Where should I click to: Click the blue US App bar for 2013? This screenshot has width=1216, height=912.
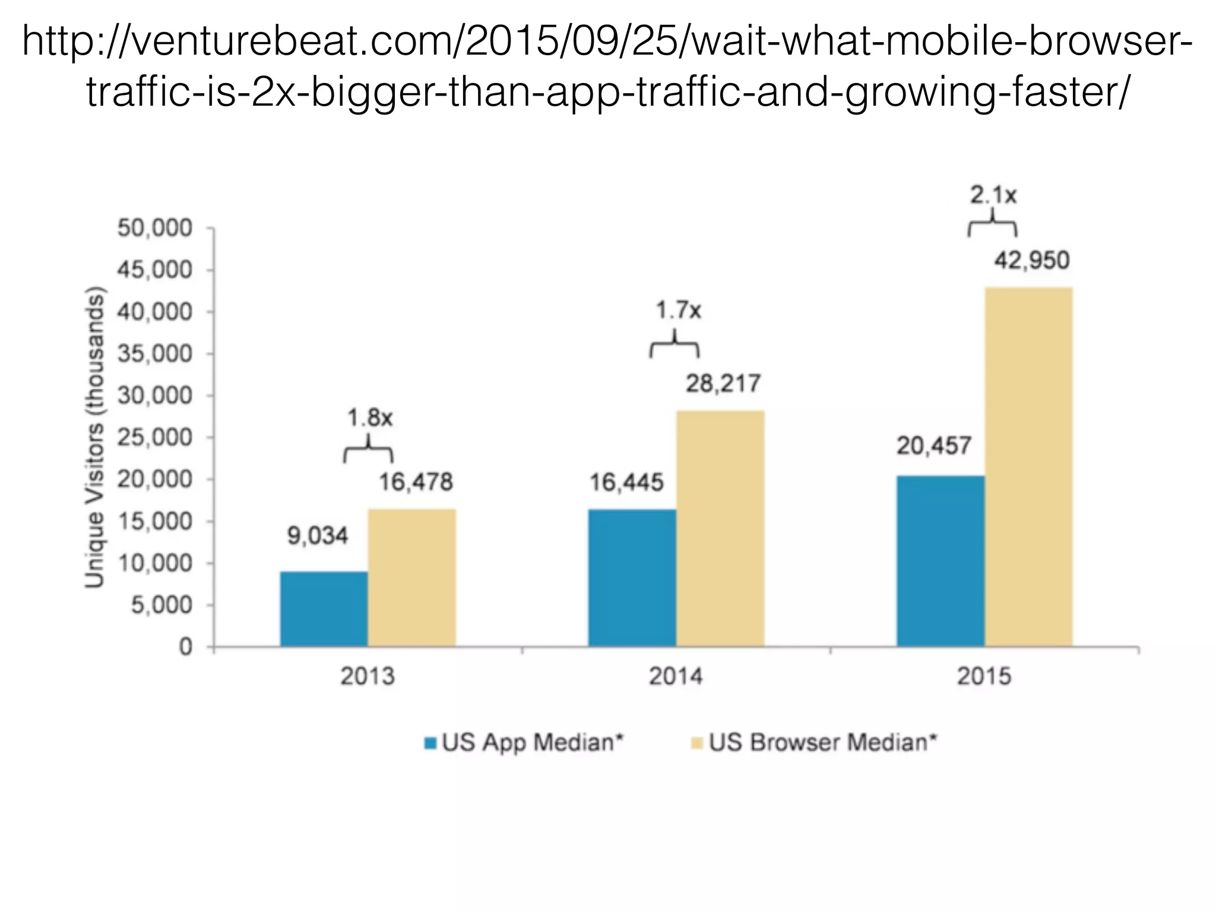(x=324, y=609)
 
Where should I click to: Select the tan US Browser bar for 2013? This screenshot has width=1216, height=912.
(x=411, y=577)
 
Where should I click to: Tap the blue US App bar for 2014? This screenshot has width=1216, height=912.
(x=632, y=577)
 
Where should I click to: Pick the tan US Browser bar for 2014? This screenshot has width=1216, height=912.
(x=720, y=528)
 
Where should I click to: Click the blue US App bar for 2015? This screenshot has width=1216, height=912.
(x=940, y=560)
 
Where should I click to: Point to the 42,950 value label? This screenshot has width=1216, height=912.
(x=1031, y=261)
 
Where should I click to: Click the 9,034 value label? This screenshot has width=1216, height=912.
(x=318, y=536)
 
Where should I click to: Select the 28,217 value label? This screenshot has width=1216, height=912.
(x=723, y=384)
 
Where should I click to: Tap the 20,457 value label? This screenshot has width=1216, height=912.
(x=933, y=446)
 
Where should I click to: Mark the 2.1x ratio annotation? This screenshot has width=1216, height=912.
(x=993, y=195)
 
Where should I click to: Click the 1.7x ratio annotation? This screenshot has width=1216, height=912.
(x=677, y=310)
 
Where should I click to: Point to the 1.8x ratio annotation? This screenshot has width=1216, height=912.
(x=370, y=419)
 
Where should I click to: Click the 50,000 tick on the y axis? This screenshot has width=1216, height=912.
(x=155, y=228)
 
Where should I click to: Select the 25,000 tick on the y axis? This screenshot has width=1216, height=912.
(x=155, y=438)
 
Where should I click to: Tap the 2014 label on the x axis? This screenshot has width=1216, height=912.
(x=676, y=676)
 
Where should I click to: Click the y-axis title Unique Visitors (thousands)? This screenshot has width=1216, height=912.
(x=95, y=438)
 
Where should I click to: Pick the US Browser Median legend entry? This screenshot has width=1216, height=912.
(x=814, y=743)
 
